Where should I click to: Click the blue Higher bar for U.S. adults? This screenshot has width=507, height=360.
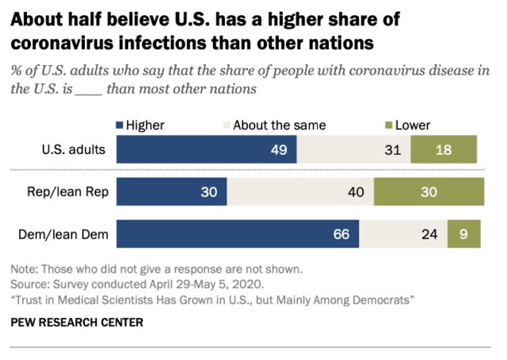pyautogui.click(x=206, y=149)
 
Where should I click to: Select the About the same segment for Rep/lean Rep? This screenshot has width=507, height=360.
pyautogui.click(x=300, y=191)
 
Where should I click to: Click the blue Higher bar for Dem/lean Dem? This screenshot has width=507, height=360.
pyautogui.click(x=238, y=234)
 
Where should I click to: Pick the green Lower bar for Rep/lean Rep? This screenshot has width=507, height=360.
pyautogui.click(x=429, y=191)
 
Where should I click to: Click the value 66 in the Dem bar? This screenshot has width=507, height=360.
pyautogui.click(x=339, y=234)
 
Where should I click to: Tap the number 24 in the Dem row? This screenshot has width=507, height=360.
pyautogui.click(x=428, y=234)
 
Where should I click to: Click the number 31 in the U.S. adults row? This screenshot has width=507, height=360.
pyautogui.click(x=391, y=149)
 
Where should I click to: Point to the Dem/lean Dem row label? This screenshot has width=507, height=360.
pyautogui.click(x=70, y=234)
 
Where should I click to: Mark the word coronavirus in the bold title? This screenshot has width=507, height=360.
pyautogui.click(x=65, y=39)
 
